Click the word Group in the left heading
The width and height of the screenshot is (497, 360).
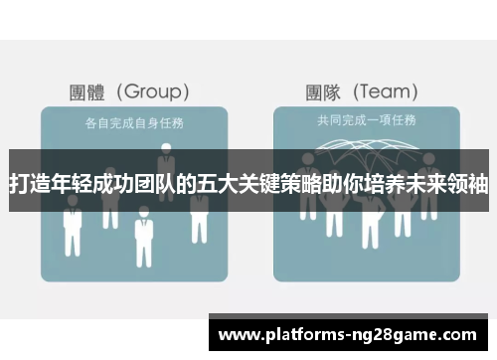154,92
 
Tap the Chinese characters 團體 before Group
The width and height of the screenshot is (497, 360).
87,92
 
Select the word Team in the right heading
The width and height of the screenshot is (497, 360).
388,92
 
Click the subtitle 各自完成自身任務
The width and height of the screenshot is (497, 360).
126,122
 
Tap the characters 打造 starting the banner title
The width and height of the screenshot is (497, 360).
29,185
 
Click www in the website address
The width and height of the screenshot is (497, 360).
239,334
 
